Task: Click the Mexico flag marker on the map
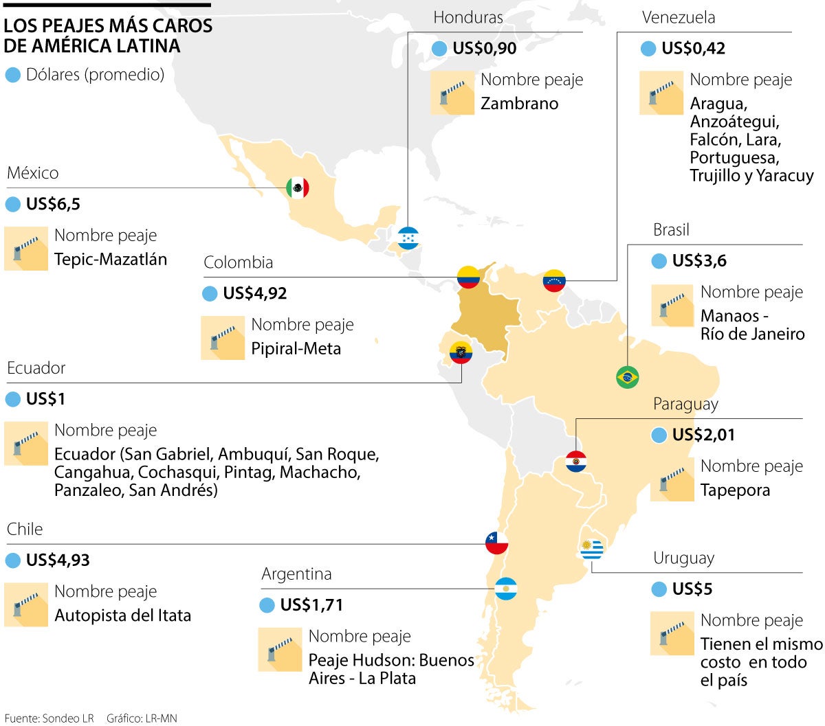[x=297, y=188]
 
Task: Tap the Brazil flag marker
[x=627, y=377]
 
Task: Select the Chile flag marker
[x=496, y=543]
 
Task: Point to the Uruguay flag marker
[x=592, y=549]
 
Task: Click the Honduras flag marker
[x=408, y=238]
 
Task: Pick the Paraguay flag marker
[x=575, y=461]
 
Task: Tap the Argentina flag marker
[x=506, y=589]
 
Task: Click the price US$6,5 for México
[x=53, y=204]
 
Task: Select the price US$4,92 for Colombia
[x=254, y=293]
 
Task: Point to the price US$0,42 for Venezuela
[x=693, y=48]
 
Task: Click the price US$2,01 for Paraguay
[x=703, y=435]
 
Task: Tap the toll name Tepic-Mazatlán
[x=111, y=260]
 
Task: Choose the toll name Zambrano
[x=519, y=104]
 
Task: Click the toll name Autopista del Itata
[x=122, y=615]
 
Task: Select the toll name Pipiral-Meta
[x=296, y=348]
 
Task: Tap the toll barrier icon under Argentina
[x=280, y=649]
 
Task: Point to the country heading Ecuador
[x=36, y=368]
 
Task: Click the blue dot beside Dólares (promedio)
[x=12, y=75]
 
